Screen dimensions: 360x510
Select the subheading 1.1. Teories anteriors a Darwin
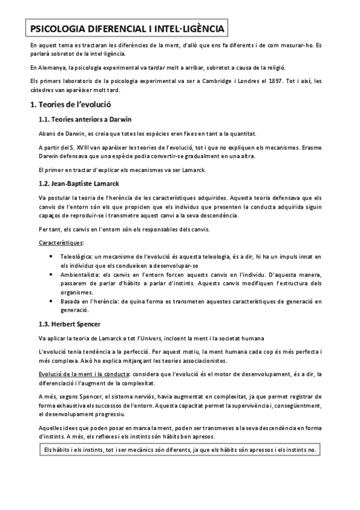click(x=85, y=120)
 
